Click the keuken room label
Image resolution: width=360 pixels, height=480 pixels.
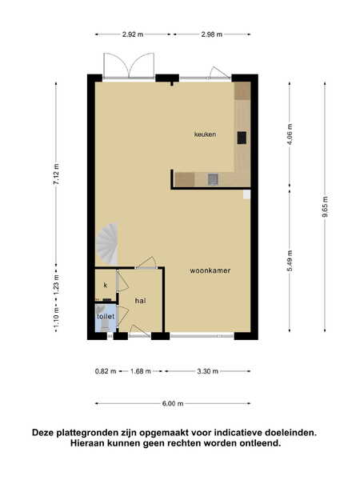[x=205, y=134]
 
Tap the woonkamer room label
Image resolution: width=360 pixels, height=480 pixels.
[x=210, y=270]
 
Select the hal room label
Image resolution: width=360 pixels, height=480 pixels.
[x=141, y=301]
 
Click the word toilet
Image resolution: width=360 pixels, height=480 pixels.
[x=106, y=316]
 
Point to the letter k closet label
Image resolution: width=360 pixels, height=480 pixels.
[x=106, y=286]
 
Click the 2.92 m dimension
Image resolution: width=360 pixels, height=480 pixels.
[x=133, y=34]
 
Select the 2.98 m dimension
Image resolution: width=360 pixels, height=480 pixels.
[x=212, y=34]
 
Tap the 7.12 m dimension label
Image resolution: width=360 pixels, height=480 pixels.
[x=56, y=174]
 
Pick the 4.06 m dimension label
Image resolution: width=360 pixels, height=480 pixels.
[x=290, y=134]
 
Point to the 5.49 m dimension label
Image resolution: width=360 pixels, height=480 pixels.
[x=290, y=261]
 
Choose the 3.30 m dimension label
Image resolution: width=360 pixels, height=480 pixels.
[x=207, y=371]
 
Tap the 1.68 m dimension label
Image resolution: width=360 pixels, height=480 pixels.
[x=141, y=371]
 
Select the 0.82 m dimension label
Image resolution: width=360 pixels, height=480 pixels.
[x=106, y=371]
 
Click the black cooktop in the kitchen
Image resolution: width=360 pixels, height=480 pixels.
[x=242, y=138]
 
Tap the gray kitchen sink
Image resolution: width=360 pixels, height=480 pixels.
[x=213, y=179]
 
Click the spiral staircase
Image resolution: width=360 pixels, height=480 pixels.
[x=107, y=244]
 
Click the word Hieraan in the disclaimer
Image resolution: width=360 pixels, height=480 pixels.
[x=87, y=443]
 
